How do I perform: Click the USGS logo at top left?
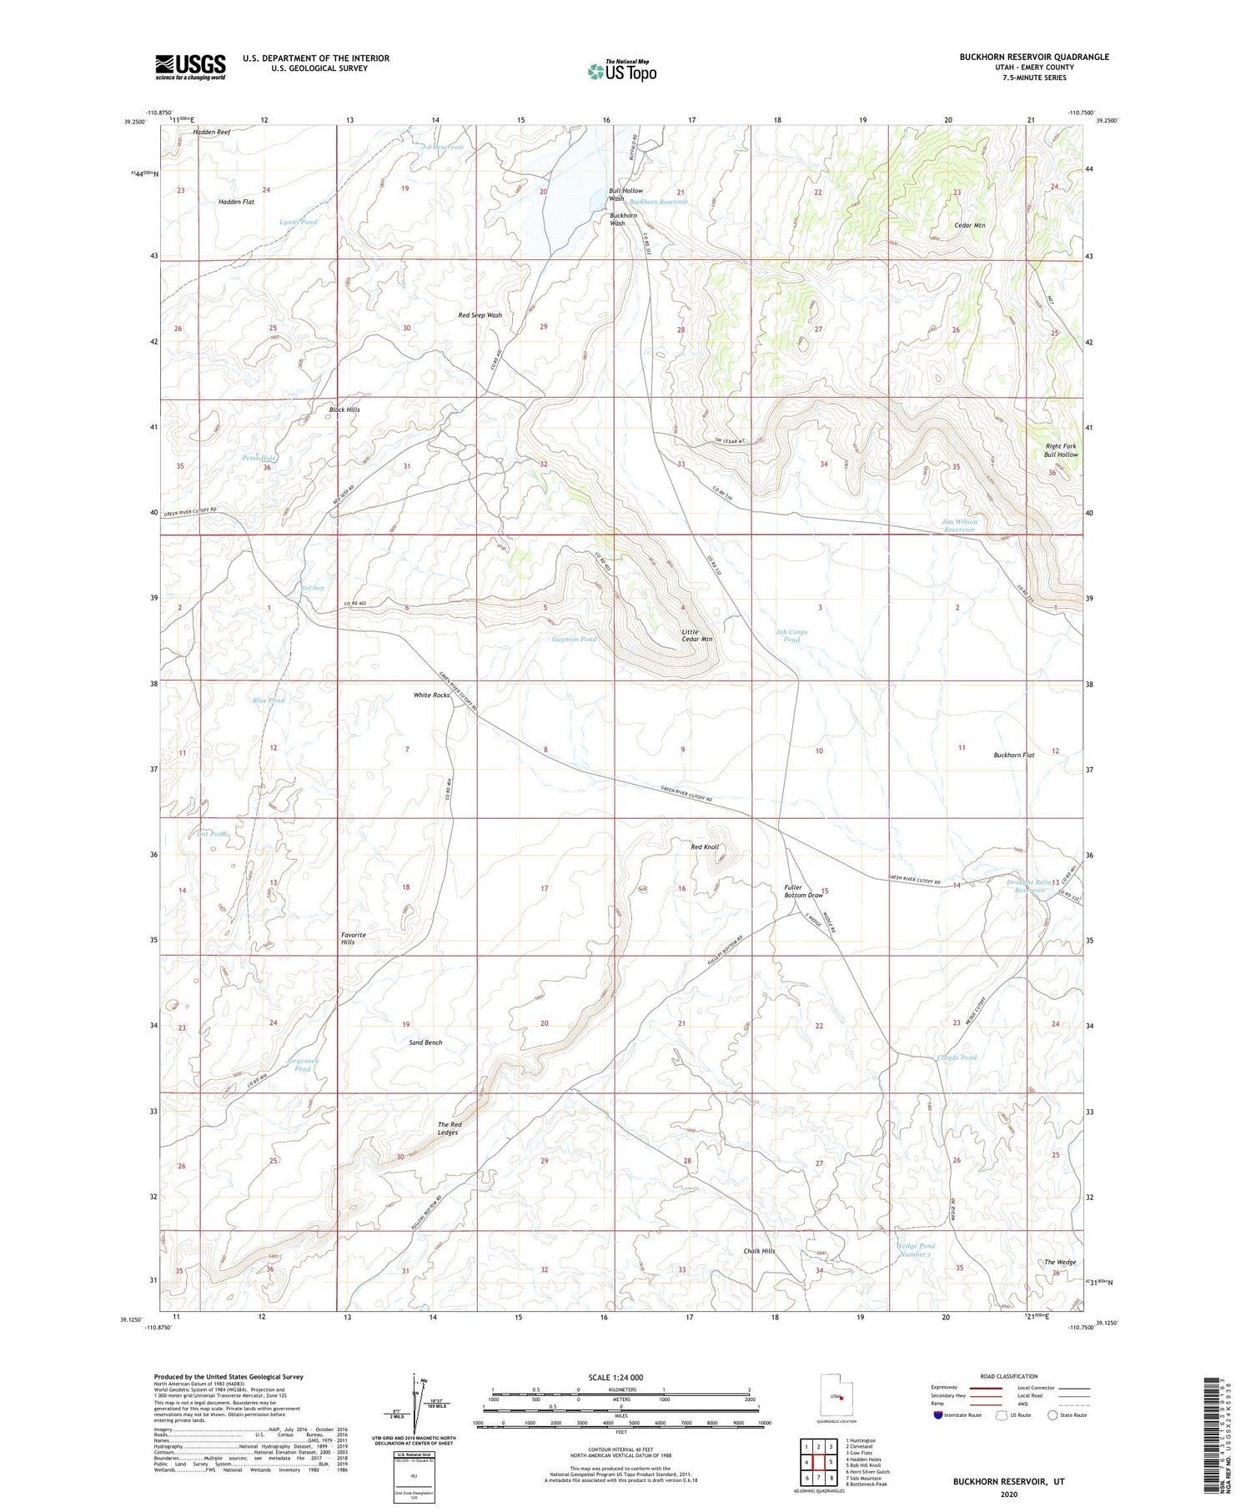[x=190, y=67]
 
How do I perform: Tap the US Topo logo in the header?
[x=621, y=72]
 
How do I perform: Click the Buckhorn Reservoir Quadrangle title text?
[x=1033, y=57]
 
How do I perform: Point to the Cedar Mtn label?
[x=969, y=225]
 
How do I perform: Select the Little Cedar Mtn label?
[x=696, y=635]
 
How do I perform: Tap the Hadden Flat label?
[x=236, y=202]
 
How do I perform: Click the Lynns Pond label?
[x=298, y=222]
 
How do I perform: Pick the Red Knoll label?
[x=705, y=846]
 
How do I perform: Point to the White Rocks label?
[x=431, y=695]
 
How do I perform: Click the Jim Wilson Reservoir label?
[x=958, y=525]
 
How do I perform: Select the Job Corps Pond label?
[x=791, y=635]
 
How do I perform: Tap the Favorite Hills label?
[x=353, y=938]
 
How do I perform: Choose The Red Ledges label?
[x=450, y=1128]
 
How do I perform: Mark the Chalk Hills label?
[x=759, y=1251]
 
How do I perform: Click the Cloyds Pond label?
[x=956, y=1057]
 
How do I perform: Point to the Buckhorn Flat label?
[x=1013, y=755]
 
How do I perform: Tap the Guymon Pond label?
[x=574, y=639]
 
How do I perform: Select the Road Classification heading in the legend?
[x=1008, y=1376]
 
